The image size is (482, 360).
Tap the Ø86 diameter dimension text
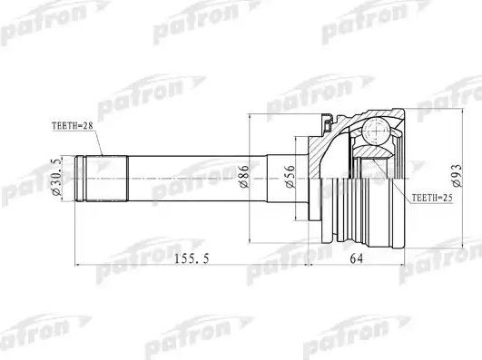[x=243, y=176]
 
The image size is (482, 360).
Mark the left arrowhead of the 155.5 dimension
[x=77, y=266]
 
